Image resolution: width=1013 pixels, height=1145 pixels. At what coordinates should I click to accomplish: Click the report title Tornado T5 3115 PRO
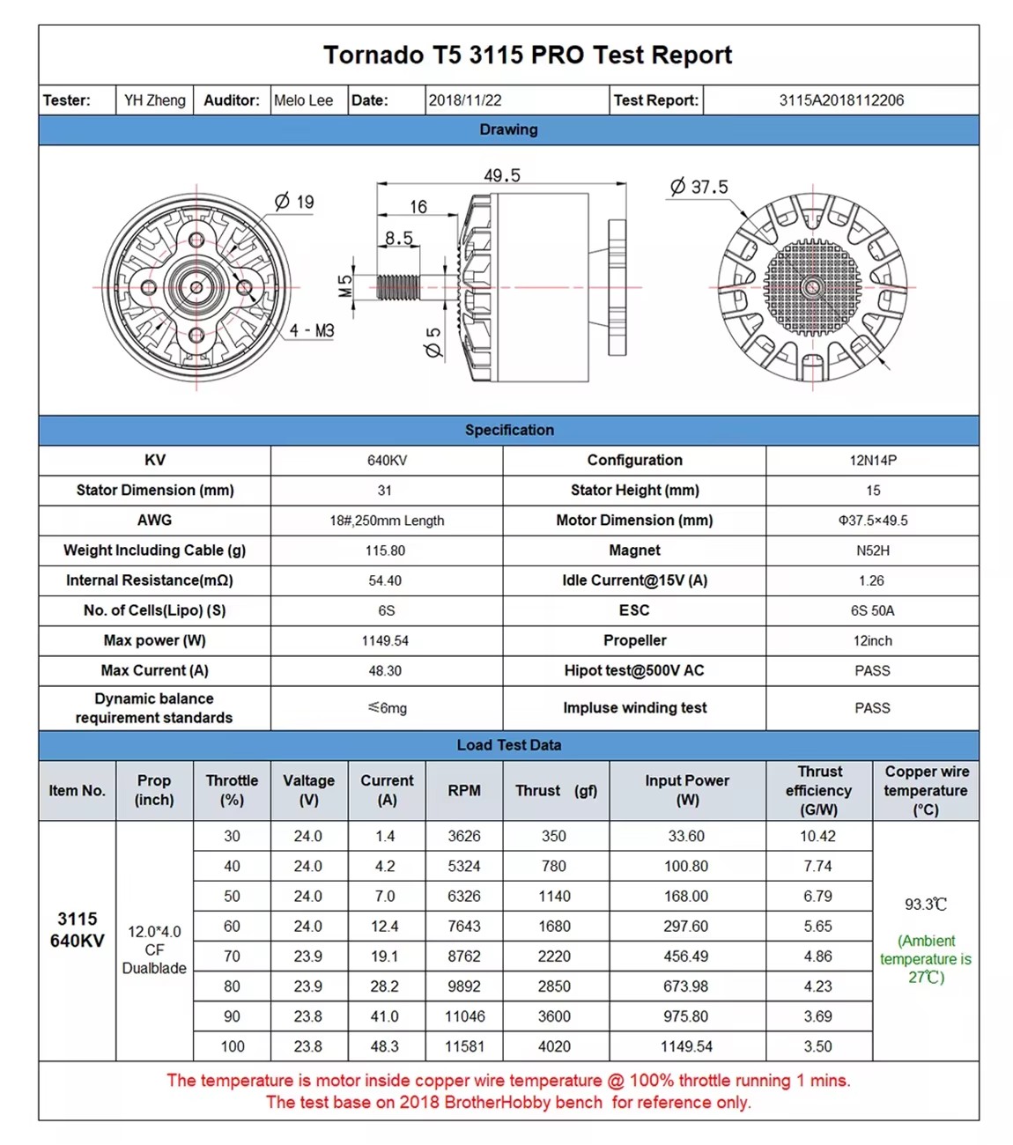tap(527, 55)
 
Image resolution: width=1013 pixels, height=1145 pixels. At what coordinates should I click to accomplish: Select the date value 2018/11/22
tap(465, 100)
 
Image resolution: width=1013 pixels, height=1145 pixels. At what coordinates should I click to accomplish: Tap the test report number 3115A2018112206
tap(841, 100)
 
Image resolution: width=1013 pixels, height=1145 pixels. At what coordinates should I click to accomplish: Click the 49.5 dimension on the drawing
tap(502, 175)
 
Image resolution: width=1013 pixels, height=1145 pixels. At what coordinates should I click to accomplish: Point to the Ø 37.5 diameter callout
tap(699, 187)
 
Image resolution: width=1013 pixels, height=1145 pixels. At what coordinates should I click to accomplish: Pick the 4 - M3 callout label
tap(312, 331)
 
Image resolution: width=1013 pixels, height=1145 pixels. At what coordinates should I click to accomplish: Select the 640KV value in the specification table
tap(386, 461)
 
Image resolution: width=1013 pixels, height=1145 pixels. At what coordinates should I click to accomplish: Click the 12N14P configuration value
tap(872, 461)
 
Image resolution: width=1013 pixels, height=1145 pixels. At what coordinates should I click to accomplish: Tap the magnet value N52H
tap(872, 550)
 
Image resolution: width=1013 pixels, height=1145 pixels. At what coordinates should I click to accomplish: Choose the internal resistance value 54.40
tap(385, 580)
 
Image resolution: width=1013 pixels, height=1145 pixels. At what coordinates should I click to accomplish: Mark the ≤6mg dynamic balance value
tap(387, 708)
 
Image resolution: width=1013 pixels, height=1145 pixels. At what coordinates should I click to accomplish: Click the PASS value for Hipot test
tap(872, 671)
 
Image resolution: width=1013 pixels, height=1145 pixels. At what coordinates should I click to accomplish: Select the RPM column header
tap(464, 791)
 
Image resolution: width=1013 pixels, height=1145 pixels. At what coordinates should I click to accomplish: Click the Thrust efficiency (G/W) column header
tap(818, 791)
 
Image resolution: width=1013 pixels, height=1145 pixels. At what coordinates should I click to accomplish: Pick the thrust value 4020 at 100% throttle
tap(554, 1046)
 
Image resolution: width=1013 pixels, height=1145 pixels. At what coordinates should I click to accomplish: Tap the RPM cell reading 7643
tap(464, 927)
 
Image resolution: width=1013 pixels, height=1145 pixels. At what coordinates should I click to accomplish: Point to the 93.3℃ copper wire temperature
tap(925, 905)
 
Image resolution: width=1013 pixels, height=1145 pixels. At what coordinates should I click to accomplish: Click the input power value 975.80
tap(686, 1016)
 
